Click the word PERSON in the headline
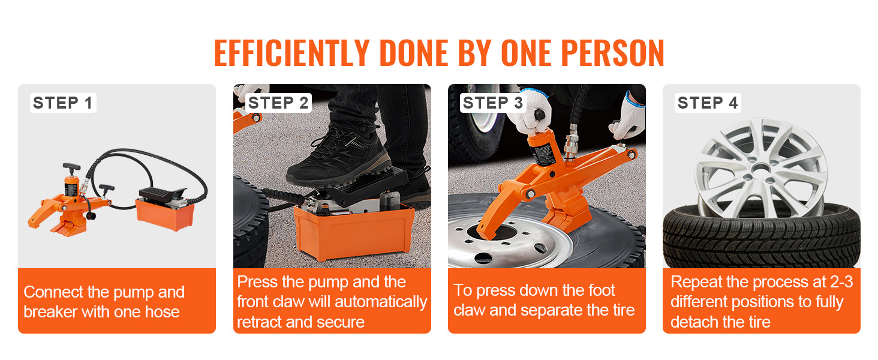tap(612, 53)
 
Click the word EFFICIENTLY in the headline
tap(291, 53)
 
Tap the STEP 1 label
tap(63, 103)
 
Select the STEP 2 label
tap(278, 103)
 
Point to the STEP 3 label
tap(493, 103)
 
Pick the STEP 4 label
tap(708, 103)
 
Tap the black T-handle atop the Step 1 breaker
tap(72, 168)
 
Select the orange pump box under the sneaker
tap(354, 232)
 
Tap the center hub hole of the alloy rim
tap(761, 169)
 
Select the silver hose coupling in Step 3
tap(571, 142)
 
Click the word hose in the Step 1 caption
tap(163, 312)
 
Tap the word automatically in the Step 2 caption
tap(381, 302)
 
